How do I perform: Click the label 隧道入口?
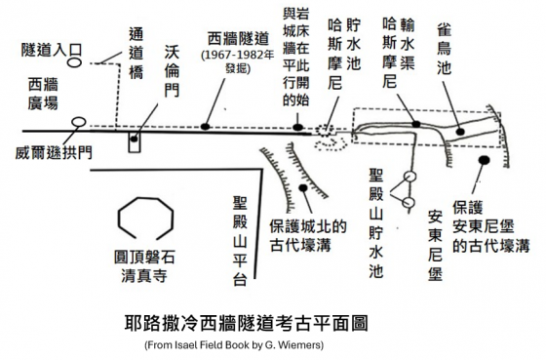coord(52,50)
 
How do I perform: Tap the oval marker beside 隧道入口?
coord(74,62)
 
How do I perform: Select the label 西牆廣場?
coord(43,94)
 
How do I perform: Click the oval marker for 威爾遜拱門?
coord(79,122)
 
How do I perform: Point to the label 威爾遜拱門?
coord(54,152)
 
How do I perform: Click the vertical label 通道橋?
coord(136,53)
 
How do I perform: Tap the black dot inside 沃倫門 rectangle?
coord(135,140)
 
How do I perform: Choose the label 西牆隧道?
coord(238,39)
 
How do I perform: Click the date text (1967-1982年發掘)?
coord(238,61)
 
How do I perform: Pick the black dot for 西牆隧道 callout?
coord(206,126)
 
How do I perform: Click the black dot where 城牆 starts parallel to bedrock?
coord(297,127)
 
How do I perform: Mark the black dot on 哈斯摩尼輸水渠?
coord(416,124)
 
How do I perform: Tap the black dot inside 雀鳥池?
coord(460,132)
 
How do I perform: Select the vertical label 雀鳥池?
coord(445,50)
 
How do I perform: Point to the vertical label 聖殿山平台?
coord(240,241)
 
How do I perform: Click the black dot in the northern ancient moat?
coord(303,188)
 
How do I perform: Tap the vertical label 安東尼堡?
coord(435,246)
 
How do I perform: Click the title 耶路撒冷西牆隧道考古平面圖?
coord(247,323)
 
